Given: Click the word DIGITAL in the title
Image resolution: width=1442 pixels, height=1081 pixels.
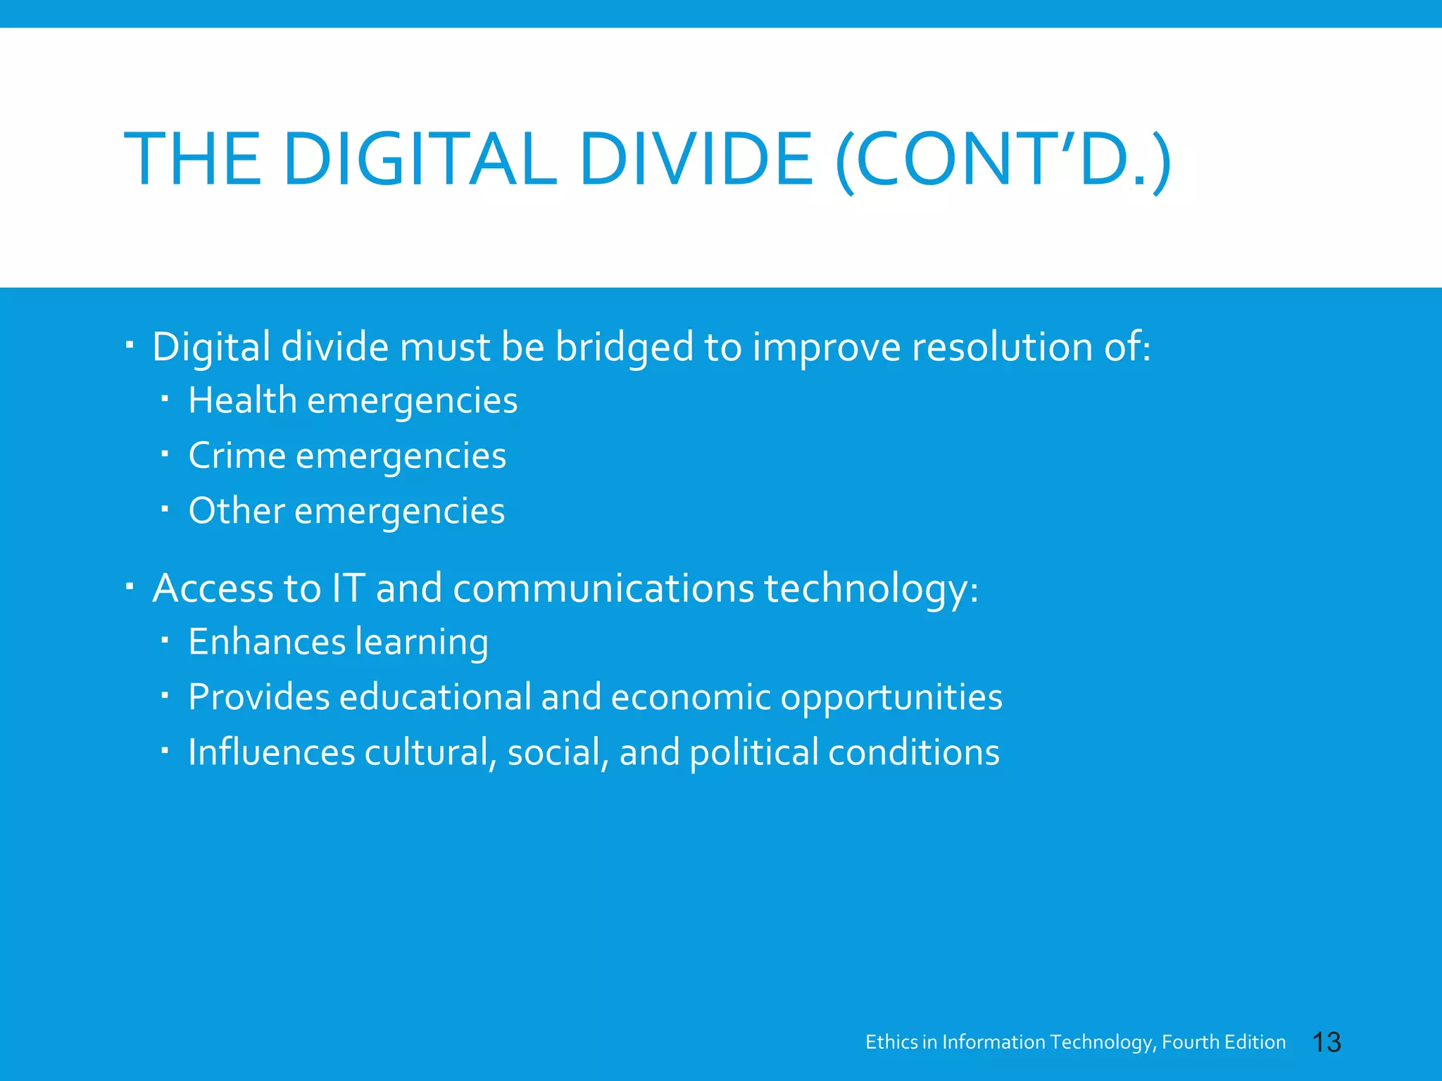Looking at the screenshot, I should click(419, 160).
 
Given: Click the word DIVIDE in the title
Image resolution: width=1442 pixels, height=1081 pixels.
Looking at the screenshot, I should click(696, 160).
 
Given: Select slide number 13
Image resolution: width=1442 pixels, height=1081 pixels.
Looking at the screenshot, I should click(1327, 1042).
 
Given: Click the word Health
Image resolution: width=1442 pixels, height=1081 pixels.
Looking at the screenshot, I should click(242, 400).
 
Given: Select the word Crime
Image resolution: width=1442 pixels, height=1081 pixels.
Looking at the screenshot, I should click(237, 455).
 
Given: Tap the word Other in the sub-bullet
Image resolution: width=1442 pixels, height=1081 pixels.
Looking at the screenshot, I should click(236, 510).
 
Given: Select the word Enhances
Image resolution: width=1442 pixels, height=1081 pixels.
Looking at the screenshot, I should click(267, 642).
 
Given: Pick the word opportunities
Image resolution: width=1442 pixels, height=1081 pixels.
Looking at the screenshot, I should click(891, 697).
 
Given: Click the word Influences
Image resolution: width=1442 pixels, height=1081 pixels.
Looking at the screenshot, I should click(271, 752).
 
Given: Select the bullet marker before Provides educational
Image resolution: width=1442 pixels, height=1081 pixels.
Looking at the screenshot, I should click(164, 695).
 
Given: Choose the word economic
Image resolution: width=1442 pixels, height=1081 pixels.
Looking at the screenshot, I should click(691, 697).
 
